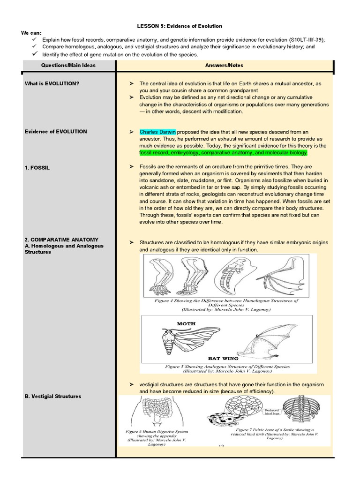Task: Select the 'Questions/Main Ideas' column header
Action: [68, 65]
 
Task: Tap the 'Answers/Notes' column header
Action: [224, 65]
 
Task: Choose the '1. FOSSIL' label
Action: [37, 167]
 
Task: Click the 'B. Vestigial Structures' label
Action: [52, 396]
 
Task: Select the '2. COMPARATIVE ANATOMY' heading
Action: [61, 240]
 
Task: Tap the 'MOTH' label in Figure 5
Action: [186, 323]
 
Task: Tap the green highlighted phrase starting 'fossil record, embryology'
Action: [223, 153]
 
